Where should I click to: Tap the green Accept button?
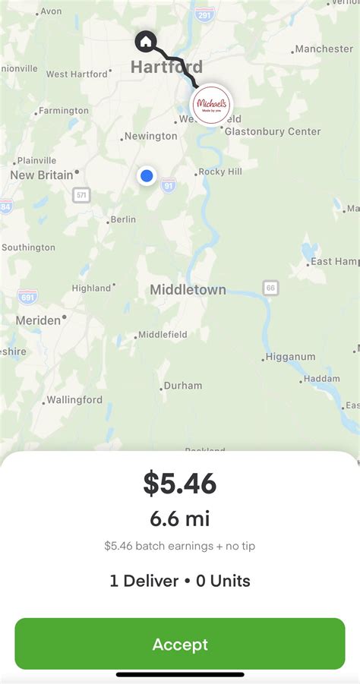coord(180,644)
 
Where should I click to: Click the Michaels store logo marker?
coord(211,104)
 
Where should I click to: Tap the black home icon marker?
coord(144,40)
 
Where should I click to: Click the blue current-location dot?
coord(147,176)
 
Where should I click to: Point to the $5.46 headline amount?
coord(180,484)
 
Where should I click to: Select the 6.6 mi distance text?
coord(180,519)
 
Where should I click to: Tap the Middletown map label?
coord(188,289)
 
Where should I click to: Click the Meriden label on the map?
coord(38,320)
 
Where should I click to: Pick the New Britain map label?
coord(42,175)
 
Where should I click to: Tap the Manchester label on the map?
coord(324,49)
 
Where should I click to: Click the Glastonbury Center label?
coord(272,131)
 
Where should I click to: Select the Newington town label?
coord(150,137)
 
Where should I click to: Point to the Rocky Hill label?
coord(220,172)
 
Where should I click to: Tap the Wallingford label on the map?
coord(74,399)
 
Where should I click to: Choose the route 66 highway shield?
coord(271,288)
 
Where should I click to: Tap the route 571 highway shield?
coord(81,195)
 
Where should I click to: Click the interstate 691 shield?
coord(27,296)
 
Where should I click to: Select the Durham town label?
coord(183,386)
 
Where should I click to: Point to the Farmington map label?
coord(64,111)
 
